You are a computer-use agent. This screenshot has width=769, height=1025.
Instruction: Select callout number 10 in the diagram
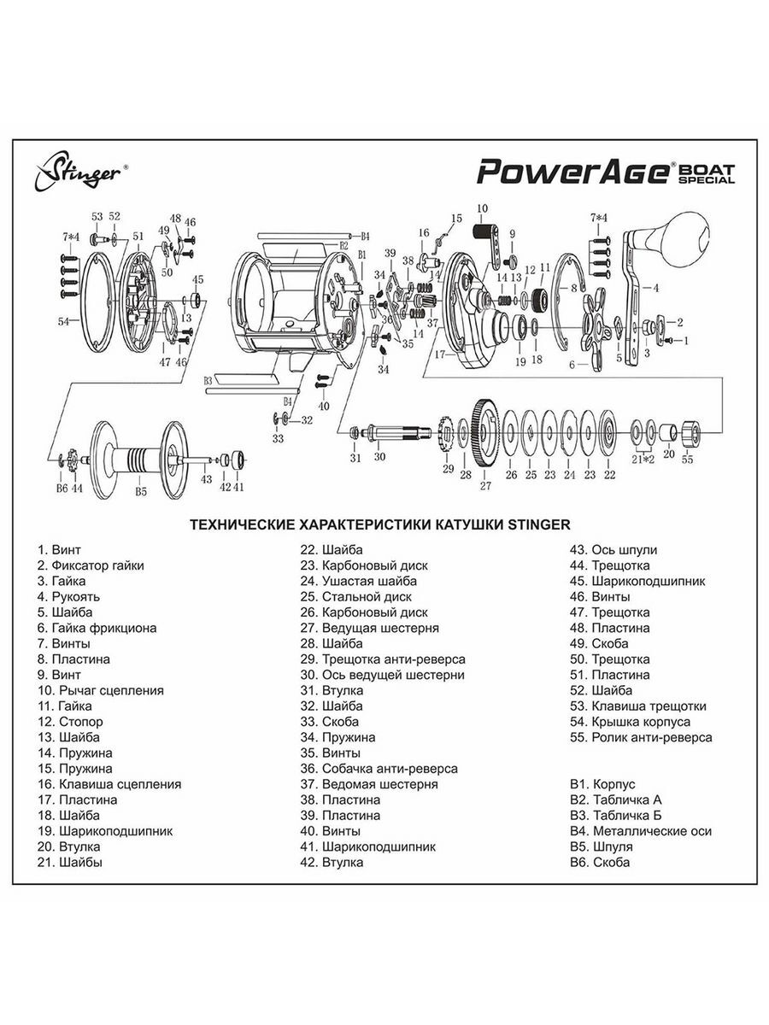pyautogui.click(x=482, y=208)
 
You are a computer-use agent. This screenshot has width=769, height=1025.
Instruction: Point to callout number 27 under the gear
pyautogui.click(x=485, y=486)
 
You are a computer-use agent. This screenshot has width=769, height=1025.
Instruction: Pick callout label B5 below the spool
pyautogui.click(x=141, y=491)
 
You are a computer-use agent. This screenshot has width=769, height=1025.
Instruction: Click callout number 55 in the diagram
pyautogui.click(x=688, y=460)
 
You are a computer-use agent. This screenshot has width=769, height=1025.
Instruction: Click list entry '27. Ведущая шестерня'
pyautogui.click(x=368, y=628)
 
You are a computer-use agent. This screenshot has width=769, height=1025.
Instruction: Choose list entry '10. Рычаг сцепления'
pyautogui.click(x=100, y=690)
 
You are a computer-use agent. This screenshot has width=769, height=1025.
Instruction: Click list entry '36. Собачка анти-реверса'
pyautogui.click(x=378, y=769)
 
